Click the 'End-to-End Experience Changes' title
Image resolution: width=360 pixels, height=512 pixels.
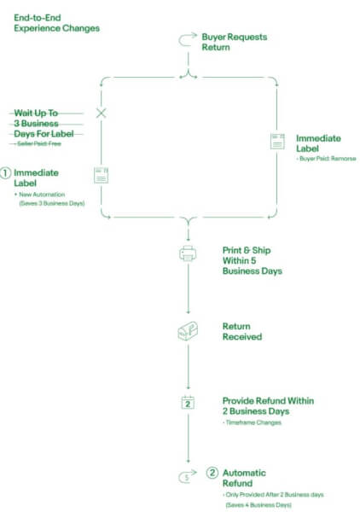click(x=56, y=23)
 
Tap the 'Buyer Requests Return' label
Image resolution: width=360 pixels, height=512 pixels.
click(x=235, y=42)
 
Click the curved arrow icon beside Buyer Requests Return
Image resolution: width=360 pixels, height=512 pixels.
click(x=188, y=39)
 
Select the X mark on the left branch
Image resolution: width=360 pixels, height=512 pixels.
click(x=102, y=113)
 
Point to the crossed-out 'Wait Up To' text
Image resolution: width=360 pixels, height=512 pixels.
click(x=36, y=113)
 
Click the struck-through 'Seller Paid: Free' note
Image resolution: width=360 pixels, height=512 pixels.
click(x=39, y=143)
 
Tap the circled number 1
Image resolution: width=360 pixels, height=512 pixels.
click(x=5, y=172)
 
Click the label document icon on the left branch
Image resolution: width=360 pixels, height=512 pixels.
click(x=102, y=175)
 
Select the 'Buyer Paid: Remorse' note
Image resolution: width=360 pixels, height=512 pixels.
click(x=328, y=159)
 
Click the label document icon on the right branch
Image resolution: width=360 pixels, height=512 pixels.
click(x=277, y=141)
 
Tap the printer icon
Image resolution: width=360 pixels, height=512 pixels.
click(x=188, y=253)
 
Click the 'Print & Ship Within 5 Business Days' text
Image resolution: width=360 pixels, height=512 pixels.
click(x=253, y=260)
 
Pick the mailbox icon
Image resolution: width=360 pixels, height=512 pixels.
click(x=188, y=331)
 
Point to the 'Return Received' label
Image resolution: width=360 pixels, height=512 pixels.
click(x=242, y=331)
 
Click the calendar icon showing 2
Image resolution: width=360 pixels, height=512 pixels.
click(x=188, y=402)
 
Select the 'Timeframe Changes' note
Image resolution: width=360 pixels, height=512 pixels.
click(x=253, y=422)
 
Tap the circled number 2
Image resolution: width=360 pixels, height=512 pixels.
click(x=212, y=473)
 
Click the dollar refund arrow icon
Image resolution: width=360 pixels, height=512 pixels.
click(x=188, y=476)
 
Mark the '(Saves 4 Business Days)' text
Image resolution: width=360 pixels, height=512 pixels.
click(x=258, y=505)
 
